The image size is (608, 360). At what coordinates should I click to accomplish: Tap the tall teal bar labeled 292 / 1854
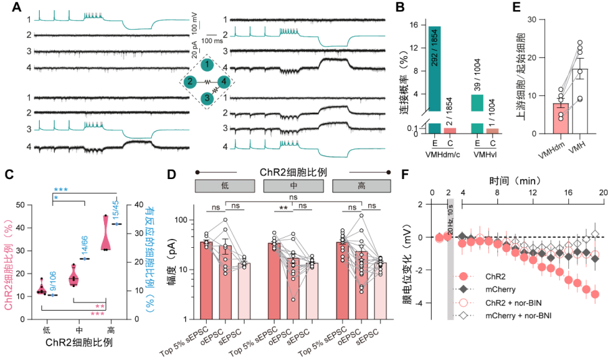[x=434, y=68]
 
